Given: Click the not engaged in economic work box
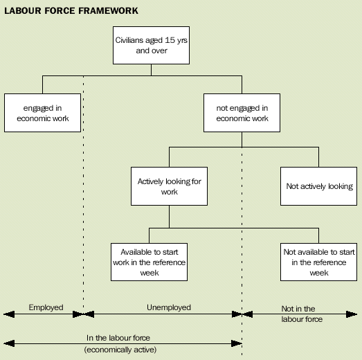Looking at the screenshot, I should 242,113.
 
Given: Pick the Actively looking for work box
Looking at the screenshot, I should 169,186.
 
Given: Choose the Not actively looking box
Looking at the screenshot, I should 319,186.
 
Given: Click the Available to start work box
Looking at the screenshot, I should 150,261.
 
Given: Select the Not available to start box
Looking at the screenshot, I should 319,261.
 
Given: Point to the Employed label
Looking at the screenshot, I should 46,307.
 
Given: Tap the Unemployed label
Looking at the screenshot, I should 169,307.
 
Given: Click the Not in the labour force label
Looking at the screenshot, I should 298,314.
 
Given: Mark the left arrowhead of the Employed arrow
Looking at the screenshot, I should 6,314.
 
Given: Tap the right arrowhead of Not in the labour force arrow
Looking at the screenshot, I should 356,314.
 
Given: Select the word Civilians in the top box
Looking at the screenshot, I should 131,39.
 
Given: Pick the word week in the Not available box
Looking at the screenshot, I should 319,272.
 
